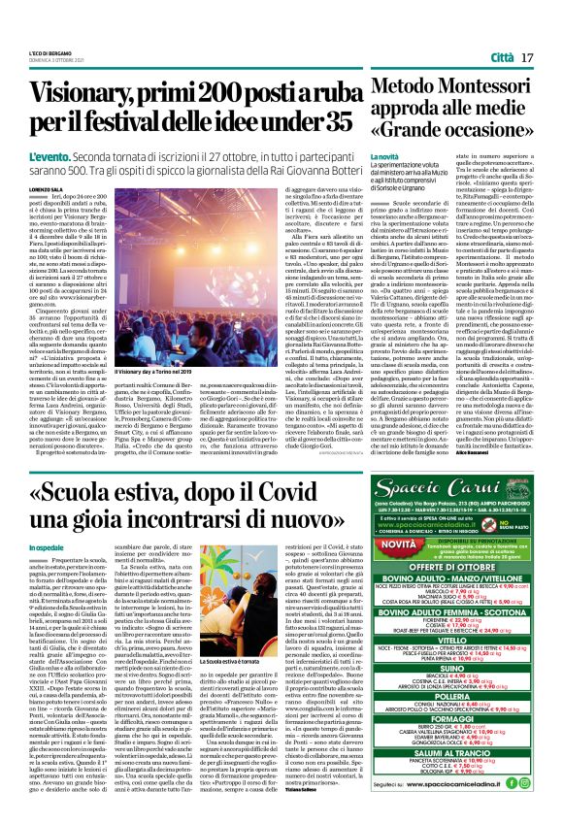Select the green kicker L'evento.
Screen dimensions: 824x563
tap(42, 155)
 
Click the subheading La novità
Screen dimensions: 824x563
tap(387, 157)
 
